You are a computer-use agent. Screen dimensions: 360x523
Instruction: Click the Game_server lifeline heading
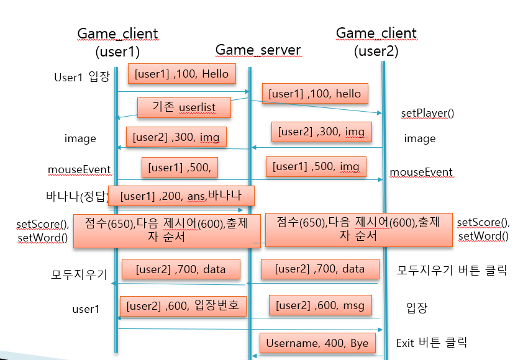pos(258,50)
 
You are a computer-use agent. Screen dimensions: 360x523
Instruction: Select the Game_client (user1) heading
pos(117,42)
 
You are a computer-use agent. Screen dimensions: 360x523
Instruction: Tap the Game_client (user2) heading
pos(376,42)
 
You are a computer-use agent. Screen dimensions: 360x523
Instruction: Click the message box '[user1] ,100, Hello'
pos(181,74)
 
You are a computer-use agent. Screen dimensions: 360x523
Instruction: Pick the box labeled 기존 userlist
pos(184,107)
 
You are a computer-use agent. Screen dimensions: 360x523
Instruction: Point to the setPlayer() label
pos(427,113)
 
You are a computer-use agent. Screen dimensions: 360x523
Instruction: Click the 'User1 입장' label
pos(82,77)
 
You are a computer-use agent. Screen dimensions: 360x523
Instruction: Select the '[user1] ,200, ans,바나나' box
pos(181,196)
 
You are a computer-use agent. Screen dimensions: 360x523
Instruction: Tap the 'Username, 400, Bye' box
pos(317,343)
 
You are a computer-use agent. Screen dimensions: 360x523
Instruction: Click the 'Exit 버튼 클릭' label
pos(431,343)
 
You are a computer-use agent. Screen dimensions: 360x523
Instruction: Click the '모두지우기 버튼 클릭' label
pos(452,270)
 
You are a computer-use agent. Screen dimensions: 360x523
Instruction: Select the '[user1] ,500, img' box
pos(316,166)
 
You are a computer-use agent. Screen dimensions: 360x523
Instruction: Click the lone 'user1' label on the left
pos(86,308)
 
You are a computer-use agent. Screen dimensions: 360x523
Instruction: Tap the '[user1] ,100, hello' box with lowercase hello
pos(314,94)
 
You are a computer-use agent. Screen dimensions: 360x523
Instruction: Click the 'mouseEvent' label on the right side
pos(421,172)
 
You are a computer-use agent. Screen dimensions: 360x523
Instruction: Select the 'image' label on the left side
pos(80,138)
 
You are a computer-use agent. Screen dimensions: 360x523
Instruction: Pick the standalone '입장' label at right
pos(417,308)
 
